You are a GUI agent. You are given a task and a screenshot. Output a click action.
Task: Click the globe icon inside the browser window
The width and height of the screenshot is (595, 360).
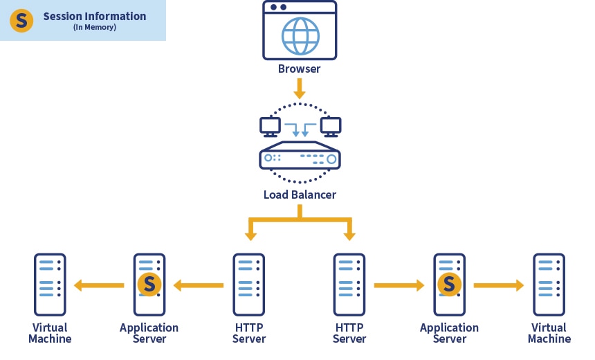[x=300, y=36]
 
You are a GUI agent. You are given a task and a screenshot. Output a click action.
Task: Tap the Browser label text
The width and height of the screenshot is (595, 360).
[x=299, y=69]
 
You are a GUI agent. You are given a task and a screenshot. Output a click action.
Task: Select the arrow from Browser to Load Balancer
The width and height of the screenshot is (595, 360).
[x=299, y=89]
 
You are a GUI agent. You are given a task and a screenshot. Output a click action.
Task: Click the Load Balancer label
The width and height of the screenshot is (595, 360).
[x=300, y=195]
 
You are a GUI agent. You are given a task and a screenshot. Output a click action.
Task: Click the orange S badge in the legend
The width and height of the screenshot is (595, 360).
[x=21, y=21]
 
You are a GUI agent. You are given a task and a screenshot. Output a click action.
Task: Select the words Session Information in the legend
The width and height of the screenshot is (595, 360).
[x=95, y=16]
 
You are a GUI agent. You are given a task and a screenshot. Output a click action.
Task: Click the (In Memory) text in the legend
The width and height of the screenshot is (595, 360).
[x=95, y=28]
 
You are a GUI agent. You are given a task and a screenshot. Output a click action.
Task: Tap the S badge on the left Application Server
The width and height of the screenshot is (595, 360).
[x=149, y=284]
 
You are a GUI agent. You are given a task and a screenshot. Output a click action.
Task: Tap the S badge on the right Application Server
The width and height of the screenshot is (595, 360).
[x=450, y=284]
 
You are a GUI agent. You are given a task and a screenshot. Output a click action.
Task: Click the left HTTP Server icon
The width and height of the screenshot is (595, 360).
[x=249, y=285]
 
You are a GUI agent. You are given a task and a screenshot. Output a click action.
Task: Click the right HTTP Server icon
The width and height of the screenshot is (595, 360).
[x=349, y=285]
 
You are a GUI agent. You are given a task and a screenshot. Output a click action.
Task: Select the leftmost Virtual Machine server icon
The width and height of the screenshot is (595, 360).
[x=50, y=285]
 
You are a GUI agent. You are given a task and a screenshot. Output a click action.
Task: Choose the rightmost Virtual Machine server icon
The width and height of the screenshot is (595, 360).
[x=549, y=285]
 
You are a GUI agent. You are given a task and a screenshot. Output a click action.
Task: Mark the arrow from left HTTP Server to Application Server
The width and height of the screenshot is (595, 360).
[x=198, y=285]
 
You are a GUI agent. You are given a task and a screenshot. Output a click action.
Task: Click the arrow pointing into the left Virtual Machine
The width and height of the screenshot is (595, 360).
[x=99, y=285]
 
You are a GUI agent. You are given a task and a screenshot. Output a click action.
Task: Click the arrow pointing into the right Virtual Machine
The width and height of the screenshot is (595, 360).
[x=499, y=285]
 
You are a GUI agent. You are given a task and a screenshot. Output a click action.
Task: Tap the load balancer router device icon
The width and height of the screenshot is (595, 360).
[x=300, y=158]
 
